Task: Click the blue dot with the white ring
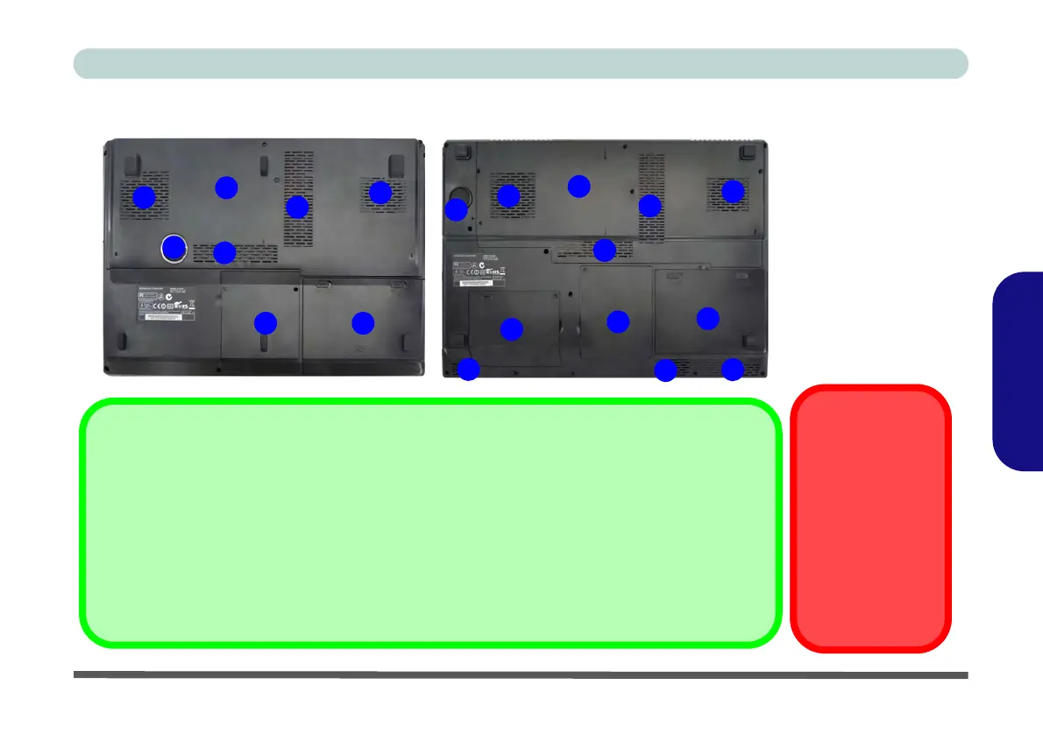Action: [x=174, y=249]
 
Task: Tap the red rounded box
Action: [x=870, y=518]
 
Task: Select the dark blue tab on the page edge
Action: [x=1018, y=371]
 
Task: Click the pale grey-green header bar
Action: [x=521, y=64]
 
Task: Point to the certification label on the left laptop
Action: [x=165, y=303]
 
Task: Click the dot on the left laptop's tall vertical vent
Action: [x=297, y=207]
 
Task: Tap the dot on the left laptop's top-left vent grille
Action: [x=144, y=197]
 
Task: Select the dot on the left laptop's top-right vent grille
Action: [x=380, y=192]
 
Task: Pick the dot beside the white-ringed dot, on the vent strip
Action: [x=225, y=252]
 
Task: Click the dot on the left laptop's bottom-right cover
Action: [x=362, y=323]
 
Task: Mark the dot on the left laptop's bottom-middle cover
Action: [x=265, y=323]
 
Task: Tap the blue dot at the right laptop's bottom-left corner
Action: [x=469, y=370]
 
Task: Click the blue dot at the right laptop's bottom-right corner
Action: [x=732, y=370]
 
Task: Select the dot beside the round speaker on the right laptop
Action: [x=456, y=209]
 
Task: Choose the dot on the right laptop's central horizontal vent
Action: [x=604, y=251]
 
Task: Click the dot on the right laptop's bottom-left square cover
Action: [x=511, y=329]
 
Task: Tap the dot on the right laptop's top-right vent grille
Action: [x=733, y=191]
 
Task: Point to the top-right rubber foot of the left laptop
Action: [x=395, y=165]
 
